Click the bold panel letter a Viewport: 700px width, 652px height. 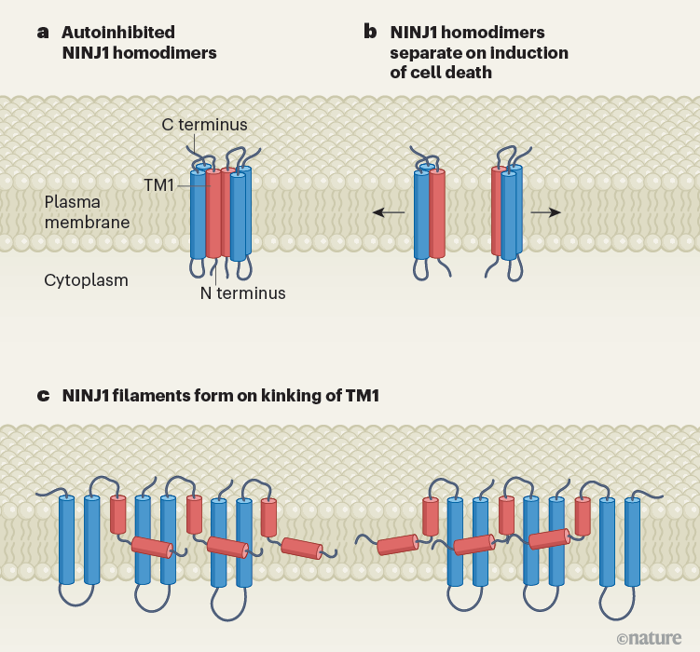(x=43, y=33)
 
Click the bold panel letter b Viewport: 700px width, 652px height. (x=370, y=33)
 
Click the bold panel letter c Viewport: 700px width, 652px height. (x=43, y=396)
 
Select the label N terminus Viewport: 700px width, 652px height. (x=242, y=293)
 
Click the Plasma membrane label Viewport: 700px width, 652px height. (x=87, y=211)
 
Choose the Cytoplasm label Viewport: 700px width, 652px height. (x=86, y=279)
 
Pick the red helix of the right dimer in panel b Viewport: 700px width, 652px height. (x=498, y=211)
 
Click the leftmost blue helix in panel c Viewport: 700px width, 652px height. (x=67, y=540)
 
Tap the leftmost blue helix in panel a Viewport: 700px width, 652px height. (x=198, y=214)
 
